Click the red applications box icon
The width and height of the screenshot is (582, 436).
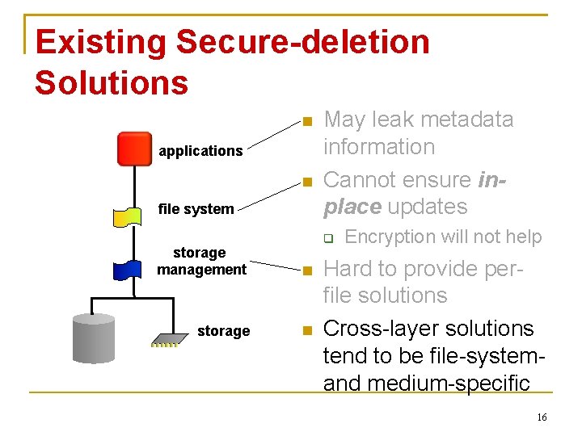[x=134, y=149]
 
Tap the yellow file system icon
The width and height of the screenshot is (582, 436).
[x=129, y=216]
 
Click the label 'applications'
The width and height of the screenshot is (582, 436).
[x=200, y=151]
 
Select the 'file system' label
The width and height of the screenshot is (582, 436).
[x=196, y=209]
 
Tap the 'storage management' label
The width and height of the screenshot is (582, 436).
[x=201, y=261]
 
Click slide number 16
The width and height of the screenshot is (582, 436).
[x=542, y=417]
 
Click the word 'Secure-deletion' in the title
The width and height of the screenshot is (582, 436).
[x=303, y=42]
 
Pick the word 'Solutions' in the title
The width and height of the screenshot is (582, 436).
[x=112, y=82]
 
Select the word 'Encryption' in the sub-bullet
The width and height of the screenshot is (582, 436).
[x=390, y=237]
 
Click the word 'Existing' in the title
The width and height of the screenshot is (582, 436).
[x=100, y=42]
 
